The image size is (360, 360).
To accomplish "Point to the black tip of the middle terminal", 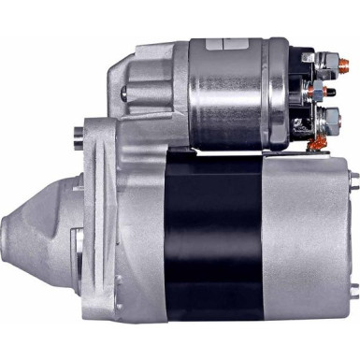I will (x=338, y=94).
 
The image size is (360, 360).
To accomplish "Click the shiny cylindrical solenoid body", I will (x=229, y=94).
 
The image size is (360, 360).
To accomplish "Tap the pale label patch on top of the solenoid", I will (x=227, y=44).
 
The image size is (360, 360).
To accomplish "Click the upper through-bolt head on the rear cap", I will (x=353, y=177).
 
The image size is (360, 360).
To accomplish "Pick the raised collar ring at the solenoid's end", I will (x=279, y=94).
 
